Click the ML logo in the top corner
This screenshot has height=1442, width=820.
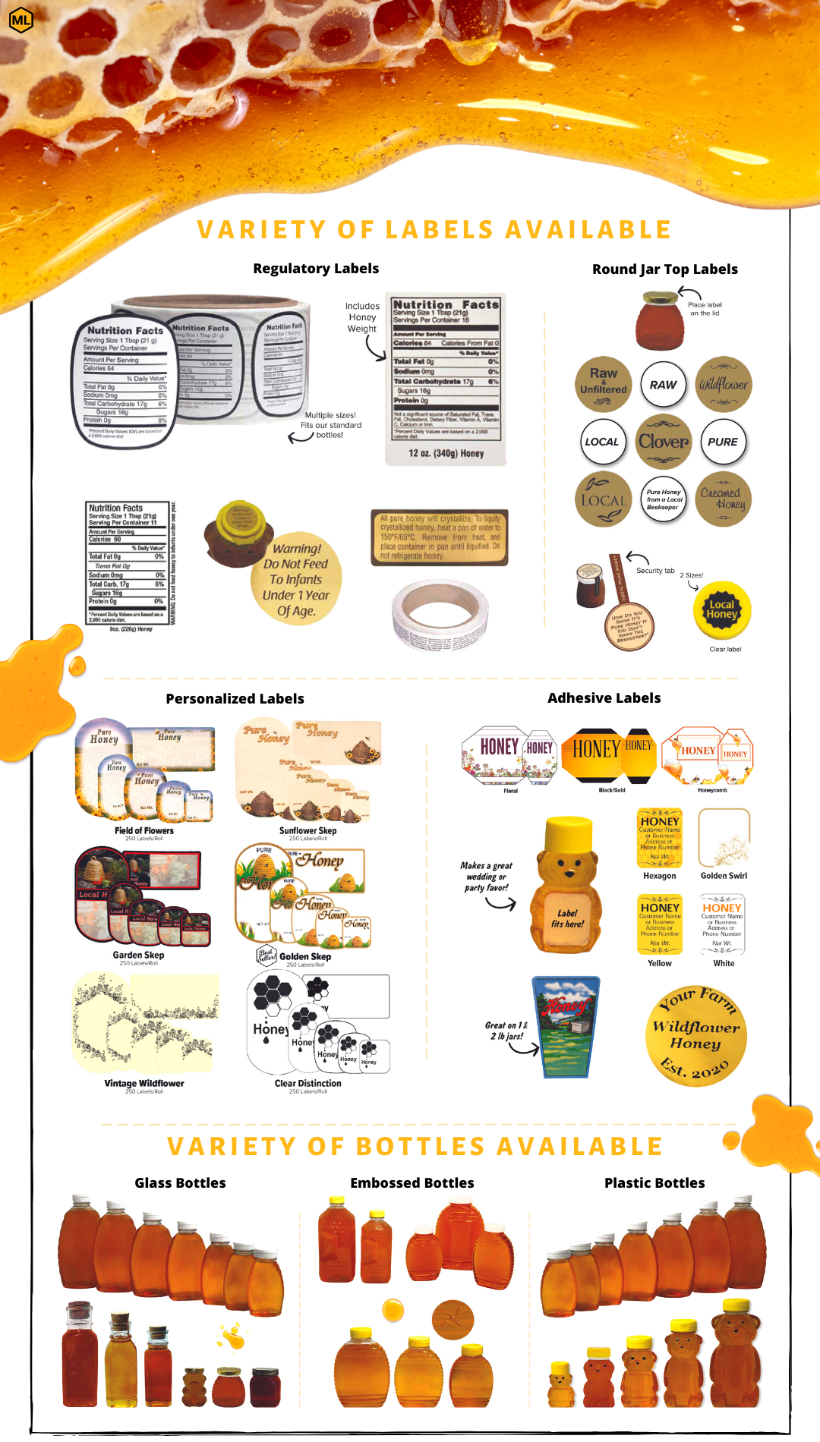21,20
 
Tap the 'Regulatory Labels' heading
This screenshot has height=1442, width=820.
316,269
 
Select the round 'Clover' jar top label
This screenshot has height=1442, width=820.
664,442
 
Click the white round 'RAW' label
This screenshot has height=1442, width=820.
663,385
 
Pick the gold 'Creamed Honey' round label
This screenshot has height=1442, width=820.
723,499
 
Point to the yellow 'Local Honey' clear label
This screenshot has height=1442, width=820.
722,611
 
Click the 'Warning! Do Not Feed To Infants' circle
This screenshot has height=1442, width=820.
296,579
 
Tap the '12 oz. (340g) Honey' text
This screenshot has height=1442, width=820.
446,453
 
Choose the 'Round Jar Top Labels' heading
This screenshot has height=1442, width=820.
664,269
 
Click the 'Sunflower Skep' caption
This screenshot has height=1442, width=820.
307,831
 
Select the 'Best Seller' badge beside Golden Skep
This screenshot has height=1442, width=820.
266,955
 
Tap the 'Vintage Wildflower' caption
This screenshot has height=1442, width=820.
144,1084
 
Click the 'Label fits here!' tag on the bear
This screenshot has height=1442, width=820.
567,918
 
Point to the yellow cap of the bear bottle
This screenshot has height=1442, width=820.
569,834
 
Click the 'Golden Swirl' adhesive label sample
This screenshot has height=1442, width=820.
724,838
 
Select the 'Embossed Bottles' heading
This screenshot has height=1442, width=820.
412,1183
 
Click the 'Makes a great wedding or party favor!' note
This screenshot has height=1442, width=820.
487,877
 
